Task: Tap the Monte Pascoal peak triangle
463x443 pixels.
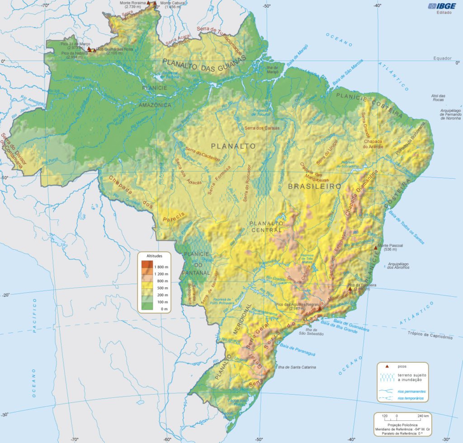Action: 375,247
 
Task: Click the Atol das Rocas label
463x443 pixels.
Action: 438,98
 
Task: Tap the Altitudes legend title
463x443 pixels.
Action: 154,256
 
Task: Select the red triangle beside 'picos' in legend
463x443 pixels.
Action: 387,366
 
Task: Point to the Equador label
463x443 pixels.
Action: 442,58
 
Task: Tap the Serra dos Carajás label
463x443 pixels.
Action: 262,128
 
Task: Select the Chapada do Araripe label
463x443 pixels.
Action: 374,144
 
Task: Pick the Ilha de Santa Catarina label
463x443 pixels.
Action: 297,367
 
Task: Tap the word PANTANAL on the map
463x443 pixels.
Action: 195,273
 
